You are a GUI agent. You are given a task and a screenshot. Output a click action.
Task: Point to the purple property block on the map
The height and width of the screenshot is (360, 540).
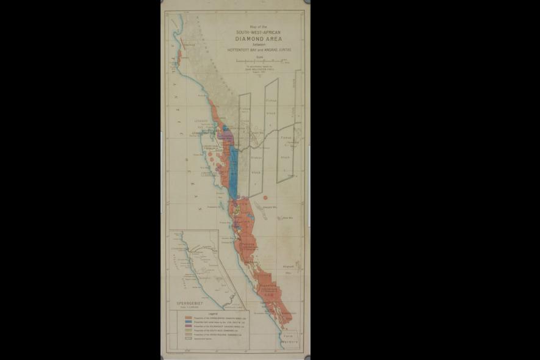click(225, 131)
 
